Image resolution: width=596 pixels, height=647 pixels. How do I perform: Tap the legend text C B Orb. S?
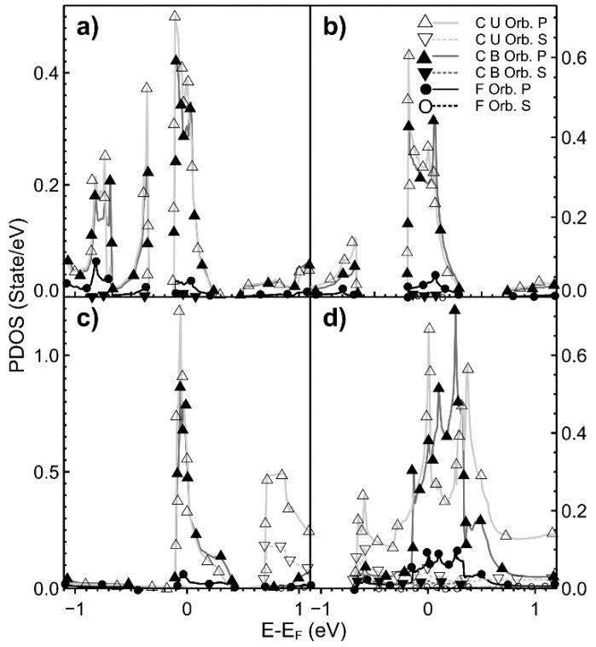(506, 72)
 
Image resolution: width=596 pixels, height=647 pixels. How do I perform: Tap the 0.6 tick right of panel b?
(566, 58)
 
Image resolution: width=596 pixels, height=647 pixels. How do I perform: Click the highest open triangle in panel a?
(175, 16)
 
